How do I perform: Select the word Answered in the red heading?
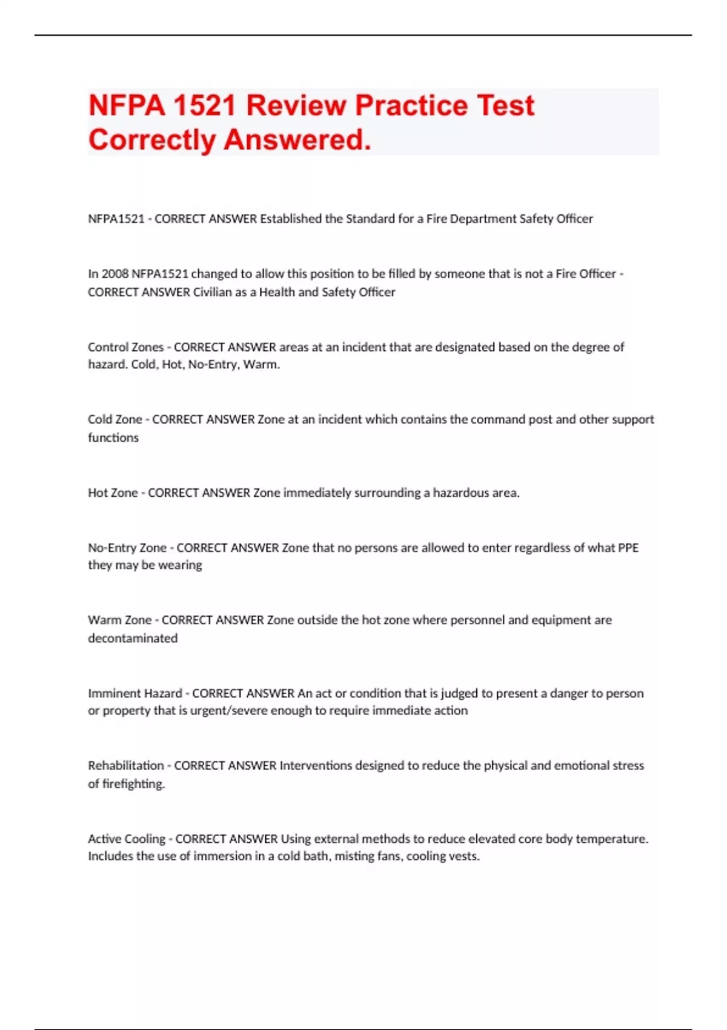297,140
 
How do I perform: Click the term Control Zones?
125,347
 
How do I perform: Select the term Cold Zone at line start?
115,419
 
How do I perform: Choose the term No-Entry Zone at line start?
127,548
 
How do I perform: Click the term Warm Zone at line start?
119,620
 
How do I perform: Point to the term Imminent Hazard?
134,693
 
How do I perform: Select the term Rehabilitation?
125,765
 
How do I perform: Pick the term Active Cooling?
126,839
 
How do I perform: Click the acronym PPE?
628,548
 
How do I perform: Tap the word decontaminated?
133,638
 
